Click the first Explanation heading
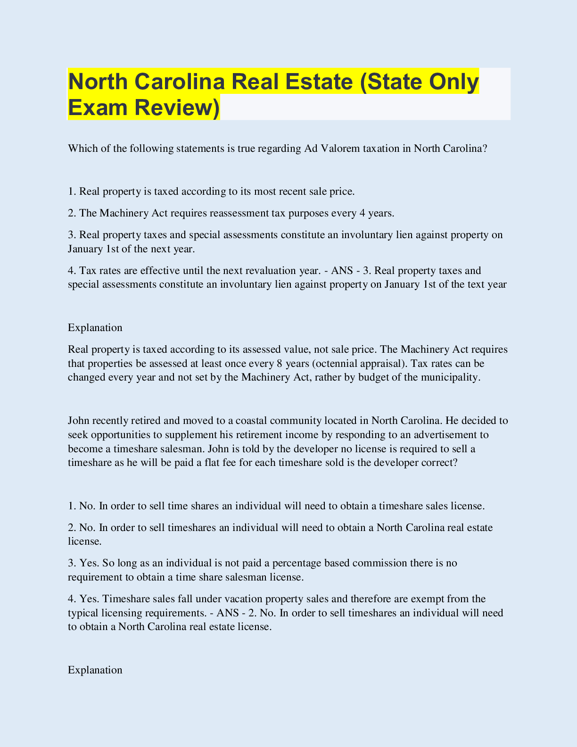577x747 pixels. (x=95, y=327)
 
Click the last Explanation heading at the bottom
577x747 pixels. (x=95, y=670)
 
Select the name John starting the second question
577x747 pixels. (x=79, y=420)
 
